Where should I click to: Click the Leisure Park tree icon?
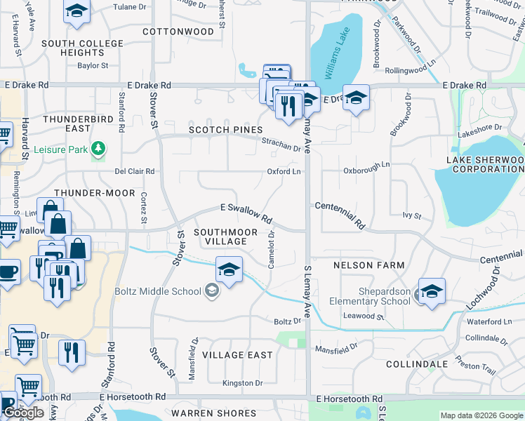pyautogui.click(x=99, y=149)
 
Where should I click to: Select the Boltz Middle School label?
pyautogui.click(x=159, y=291)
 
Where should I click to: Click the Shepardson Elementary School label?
pyautogui.click(x=370, y=296)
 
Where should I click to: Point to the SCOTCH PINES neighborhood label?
pyautogui.click(x=225, y=130)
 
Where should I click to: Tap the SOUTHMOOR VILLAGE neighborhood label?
pyautogui.click(x=220, y=236)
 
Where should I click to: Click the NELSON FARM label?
pyautogui.click(x=368, y=265)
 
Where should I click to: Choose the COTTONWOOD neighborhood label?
pyautogui.click(x=178, y=32)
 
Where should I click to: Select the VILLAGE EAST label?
pyautogui.click(x=237, y=355)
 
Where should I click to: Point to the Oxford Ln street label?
pyautogui.click(x=284, y=171)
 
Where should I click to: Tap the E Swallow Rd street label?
pyautogui.click(x=246, y=213)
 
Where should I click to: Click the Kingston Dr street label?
pyautogui.click(x=242, y=383)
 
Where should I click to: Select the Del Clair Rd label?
pyautogui.click(x=134, y=171)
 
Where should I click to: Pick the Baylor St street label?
pyautogui.click(x=93, y=66)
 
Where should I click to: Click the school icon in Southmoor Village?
pyautogui.click(x=229, y=269)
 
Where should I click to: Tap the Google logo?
pyautogui.click(x=24, y=413)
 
